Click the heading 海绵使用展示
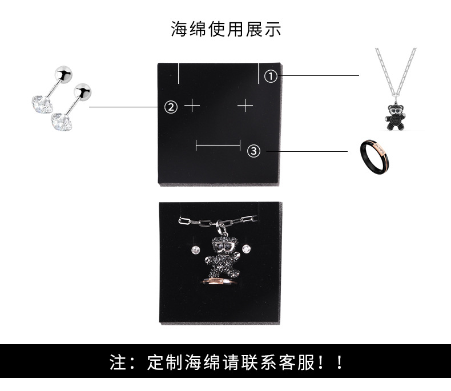(x=226, y=29)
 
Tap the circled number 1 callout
(x=271, y=75)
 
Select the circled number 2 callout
(x=171, y=106)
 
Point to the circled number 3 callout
(x=254, y=151)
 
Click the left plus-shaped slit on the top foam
(x=192, y=106)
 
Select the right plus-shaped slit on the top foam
(x=245, y=106)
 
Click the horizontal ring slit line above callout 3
(x=218, y=146)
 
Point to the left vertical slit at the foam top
(x=179, y=72)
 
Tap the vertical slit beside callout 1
(x=258, y=72)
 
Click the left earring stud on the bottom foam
(x=196, y=249)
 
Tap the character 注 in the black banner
(x=119, y=362)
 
